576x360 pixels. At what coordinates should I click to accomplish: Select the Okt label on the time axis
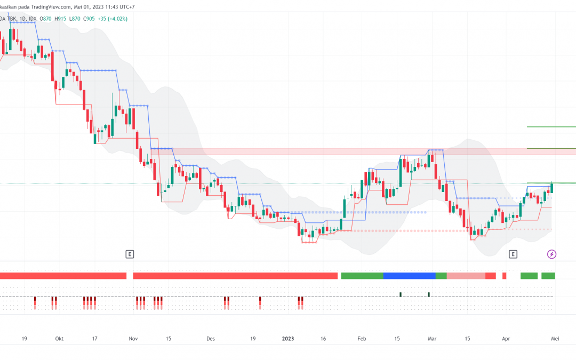pos(59,338)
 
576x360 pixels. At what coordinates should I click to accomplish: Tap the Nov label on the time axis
pos(133,338)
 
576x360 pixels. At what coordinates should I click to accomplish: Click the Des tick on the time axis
pos(211,338)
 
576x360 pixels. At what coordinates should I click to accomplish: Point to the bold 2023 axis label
pos(288,338)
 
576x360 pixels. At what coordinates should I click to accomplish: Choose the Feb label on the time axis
pos(362,338)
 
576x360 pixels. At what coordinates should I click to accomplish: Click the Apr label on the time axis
pos(506,338)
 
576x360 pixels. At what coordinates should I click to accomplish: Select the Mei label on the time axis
pos(555,338)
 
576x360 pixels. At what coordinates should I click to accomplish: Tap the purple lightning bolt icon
pos(552,254)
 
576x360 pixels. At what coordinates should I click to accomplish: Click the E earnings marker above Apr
pos(514,254)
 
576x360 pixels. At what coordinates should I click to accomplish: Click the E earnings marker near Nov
pos(129,254)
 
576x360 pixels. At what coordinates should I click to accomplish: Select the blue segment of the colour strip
pos(409,276)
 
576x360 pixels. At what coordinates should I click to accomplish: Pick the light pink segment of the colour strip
pos(466,276)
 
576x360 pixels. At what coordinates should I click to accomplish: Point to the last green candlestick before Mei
pos(552,187)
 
